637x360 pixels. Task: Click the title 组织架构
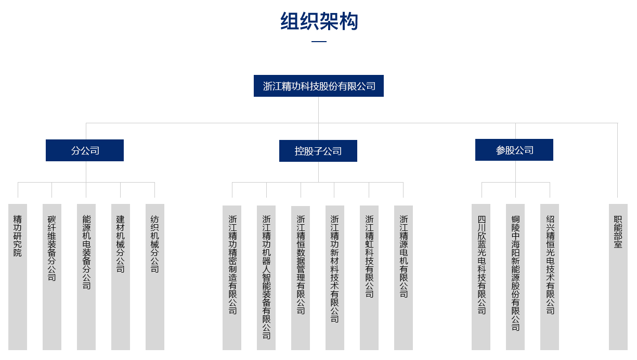point(319,21)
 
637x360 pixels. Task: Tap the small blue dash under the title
point(318,42)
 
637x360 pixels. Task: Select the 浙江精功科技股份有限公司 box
point(319,86)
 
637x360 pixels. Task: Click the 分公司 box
point(85,150)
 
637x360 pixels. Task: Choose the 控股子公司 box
point(318,151)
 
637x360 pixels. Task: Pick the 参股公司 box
point(514,150)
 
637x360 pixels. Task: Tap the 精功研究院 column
point(18,276)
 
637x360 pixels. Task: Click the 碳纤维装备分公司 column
point(51,276)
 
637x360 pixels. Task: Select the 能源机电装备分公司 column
point(86,276)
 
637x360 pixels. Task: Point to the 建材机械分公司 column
point(121,276)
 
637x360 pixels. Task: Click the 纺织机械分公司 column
point(155,276)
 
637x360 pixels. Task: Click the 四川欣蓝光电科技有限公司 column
point(482,276)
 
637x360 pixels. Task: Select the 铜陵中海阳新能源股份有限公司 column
point(515,276)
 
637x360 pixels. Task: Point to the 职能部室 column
point(618,276)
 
